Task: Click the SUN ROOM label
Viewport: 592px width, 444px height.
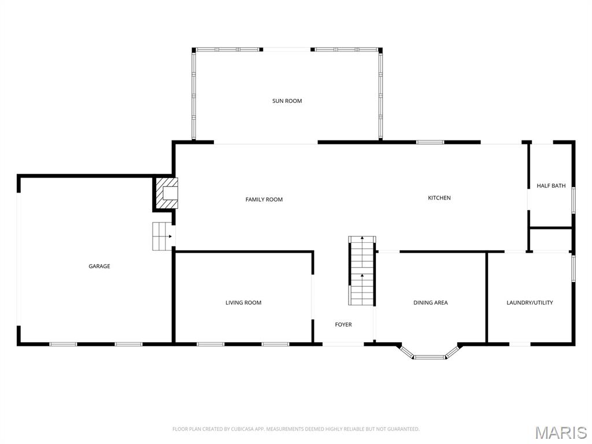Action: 287,101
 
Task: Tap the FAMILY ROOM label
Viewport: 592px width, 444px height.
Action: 264,199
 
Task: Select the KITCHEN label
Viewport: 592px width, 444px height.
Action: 439,198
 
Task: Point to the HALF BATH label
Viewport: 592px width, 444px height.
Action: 551,186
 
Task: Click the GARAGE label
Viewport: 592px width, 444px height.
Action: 99,267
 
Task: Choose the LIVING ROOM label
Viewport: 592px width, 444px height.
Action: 243,302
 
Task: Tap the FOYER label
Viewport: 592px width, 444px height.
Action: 343,324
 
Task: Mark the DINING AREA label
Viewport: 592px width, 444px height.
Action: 430,302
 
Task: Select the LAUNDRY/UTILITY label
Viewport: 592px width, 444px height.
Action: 530,302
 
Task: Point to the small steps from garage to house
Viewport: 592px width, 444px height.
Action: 162,236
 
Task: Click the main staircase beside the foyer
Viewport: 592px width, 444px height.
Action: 362,271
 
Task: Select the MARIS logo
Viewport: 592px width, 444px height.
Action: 560,432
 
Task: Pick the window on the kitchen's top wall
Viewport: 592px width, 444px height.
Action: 430,142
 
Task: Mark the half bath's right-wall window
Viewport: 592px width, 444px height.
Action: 573,198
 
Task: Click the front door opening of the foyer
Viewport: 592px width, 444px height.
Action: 343,344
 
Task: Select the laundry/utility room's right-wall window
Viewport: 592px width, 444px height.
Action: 573,269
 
